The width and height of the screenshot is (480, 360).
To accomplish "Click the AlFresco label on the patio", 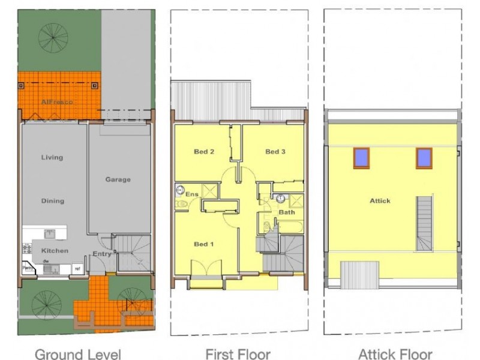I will tap(57, 103).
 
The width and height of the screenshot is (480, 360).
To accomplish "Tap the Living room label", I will tap(52, 158).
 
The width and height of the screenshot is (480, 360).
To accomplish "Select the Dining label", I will tap(52, 201).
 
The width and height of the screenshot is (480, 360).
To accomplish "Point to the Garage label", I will tap(118, 179).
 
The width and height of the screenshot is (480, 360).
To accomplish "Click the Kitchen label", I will tap(55, 251).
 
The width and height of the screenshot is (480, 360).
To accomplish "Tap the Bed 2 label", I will tap(204, 152).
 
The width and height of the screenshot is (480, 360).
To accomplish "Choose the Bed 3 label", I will tap(275, 152).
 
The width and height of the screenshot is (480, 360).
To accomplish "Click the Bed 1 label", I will tap(203, 244).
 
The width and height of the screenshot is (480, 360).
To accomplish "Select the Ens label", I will tap(192, 194).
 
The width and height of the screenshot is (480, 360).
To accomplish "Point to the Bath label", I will tap(287, 212).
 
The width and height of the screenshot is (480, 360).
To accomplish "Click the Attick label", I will tap(380, 201).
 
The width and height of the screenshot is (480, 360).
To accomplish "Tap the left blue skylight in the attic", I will tap(362, 157).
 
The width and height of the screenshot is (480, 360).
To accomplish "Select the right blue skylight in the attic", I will tap(424, 157).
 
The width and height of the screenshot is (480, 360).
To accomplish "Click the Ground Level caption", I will tap(78, 354).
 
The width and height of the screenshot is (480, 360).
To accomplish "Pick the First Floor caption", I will tap(238, 354).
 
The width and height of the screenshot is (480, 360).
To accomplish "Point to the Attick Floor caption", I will tap(395, 354).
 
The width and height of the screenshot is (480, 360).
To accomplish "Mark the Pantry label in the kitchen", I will tap(27, 268).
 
